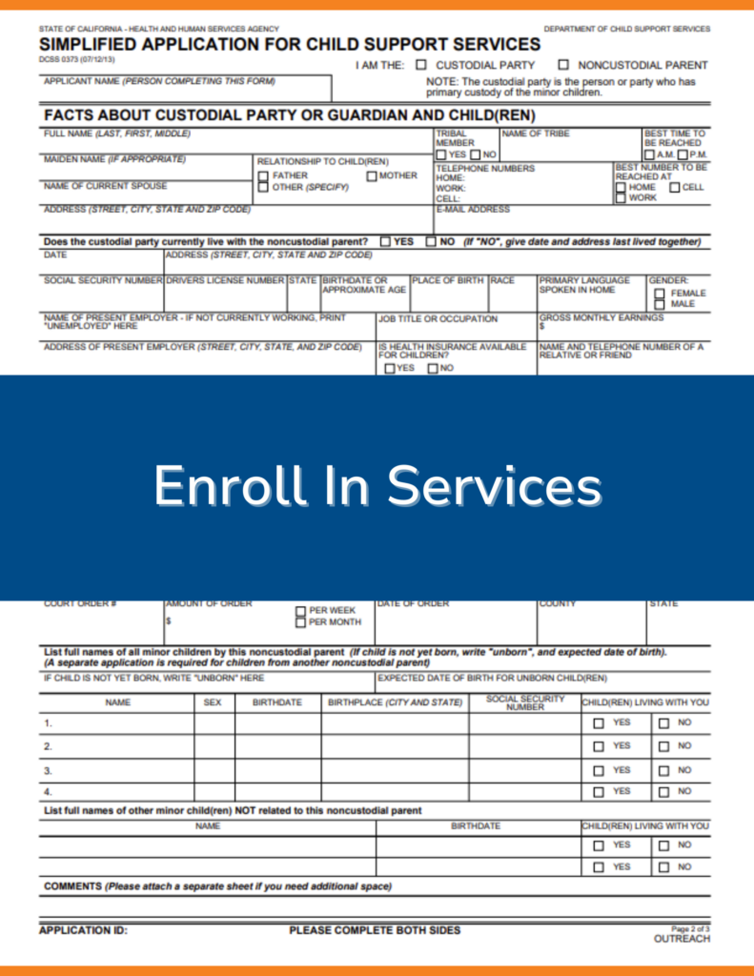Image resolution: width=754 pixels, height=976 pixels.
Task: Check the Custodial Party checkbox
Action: [x=421, y=66]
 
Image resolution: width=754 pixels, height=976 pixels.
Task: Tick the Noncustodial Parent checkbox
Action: [x=563, y=66]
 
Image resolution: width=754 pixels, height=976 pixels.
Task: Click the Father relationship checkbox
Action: [x=263, y=176]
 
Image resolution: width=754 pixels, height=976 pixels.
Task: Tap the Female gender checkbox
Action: [x=660, y=294]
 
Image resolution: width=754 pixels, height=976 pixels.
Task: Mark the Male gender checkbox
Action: [x=660, y=304]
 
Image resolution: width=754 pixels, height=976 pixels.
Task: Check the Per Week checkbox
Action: [x=300, y=611]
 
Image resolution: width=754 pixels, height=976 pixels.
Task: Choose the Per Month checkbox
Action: [x=300, y=622]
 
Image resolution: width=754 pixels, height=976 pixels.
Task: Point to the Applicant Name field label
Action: [x=159, y=82]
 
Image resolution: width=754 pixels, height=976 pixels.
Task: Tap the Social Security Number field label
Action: [x=103, y=281]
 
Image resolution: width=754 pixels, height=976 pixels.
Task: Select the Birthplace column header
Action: [x=395, y=702]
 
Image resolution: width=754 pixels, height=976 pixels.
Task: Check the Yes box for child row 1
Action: [x=599, y=723]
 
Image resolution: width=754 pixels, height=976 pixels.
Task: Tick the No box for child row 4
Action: [x=663, y=792]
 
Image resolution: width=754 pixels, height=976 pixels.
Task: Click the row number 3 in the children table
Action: [x=48, y=770]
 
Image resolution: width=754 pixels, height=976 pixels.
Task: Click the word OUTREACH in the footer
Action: [x=682, y=939]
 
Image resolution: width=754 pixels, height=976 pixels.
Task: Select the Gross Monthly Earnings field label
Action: [x=601, y=317]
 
